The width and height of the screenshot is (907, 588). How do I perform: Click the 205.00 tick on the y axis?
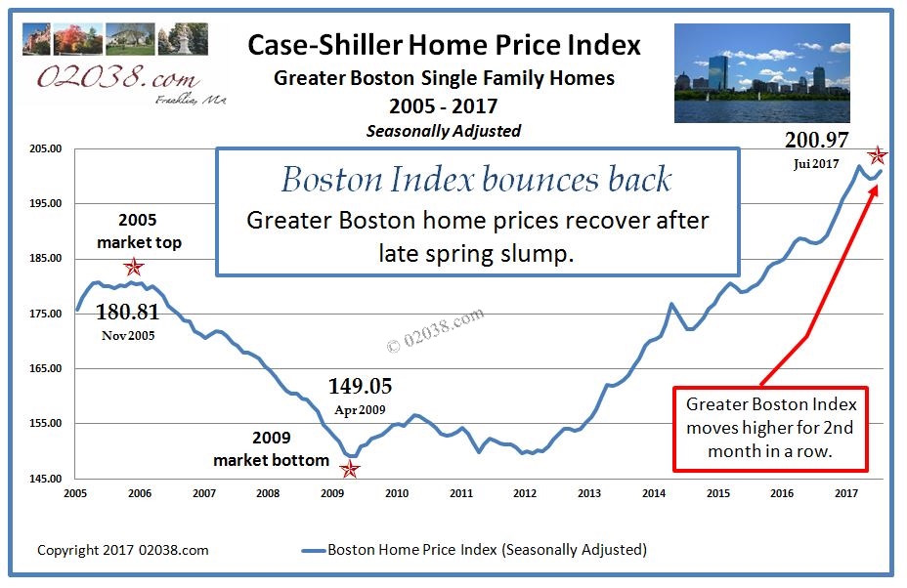(x=49, y=148)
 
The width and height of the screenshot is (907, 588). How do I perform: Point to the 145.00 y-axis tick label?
(x=49, y=479)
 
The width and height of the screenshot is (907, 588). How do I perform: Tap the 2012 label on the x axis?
(x=525, y=494)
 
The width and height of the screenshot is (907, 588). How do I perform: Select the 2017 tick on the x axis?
(x=846, y=494)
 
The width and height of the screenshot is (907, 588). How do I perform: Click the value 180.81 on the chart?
(x=127, y=312)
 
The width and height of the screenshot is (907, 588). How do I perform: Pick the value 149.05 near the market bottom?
(x=359, y=386)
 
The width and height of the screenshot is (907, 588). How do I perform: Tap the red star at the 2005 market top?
(x=134, y=267)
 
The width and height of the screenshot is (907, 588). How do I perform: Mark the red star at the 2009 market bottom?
(x=350, y=470)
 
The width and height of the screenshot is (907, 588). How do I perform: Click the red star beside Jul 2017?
(x=878, y=155)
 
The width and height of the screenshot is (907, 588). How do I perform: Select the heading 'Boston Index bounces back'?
(x=476, y=180)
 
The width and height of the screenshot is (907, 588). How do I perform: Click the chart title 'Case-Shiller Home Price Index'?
(x=444, y=45)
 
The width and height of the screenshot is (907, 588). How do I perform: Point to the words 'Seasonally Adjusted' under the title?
(x=444, y=130)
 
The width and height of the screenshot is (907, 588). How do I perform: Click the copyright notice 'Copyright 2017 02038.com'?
(x=123, y=550)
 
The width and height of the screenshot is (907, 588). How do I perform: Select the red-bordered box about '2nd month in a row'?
(x=770, y=428)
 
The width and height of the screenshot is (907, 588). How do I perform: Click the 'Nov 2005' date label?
(x=127, y=335)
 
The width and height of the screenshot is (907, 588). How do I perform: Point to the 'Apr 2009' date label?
(x=359, y=409)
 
